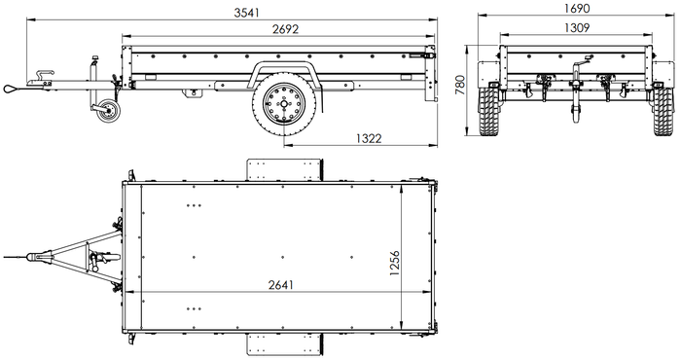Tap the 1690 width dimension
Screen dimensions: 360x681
point(575,9)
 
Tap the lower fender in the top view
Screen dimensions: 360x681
point(284,343)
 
